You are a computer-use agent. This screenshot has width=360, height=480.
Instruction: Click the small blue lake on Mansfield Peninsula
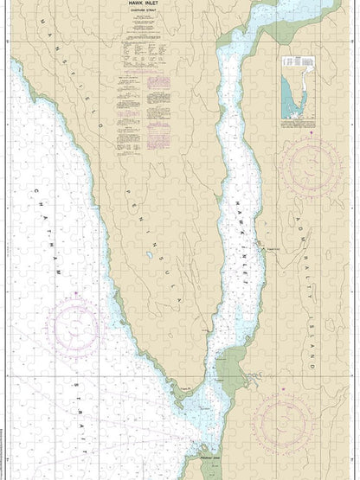(150, 256)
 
